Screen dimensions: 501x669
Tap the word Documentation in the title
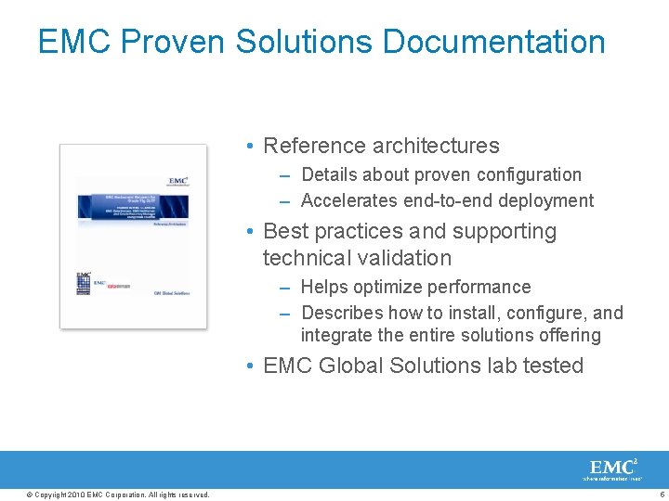493,42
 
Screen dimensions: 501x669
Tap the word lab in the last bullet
502,366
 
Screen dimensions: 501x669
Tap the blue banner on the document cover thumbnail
132,205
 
